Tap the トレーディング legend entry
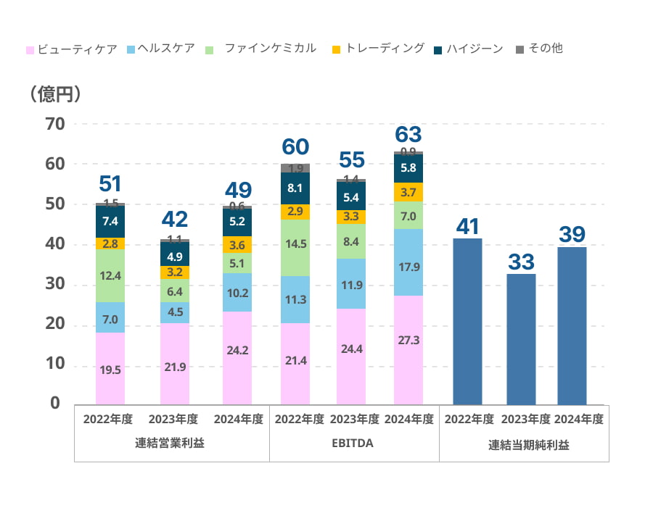377,49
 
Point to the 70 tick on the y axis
55,124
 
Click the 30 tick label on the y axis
55,285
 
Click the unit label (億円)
54,94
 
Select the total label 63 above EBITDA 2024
408,135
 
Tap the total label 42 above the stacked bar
175,219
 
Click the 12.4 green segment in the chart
110,275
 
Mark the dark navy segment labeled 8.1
295,188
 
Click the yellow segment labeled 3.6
237,245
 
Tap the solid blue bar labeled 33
521,339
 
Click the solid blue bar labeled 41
467,322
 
